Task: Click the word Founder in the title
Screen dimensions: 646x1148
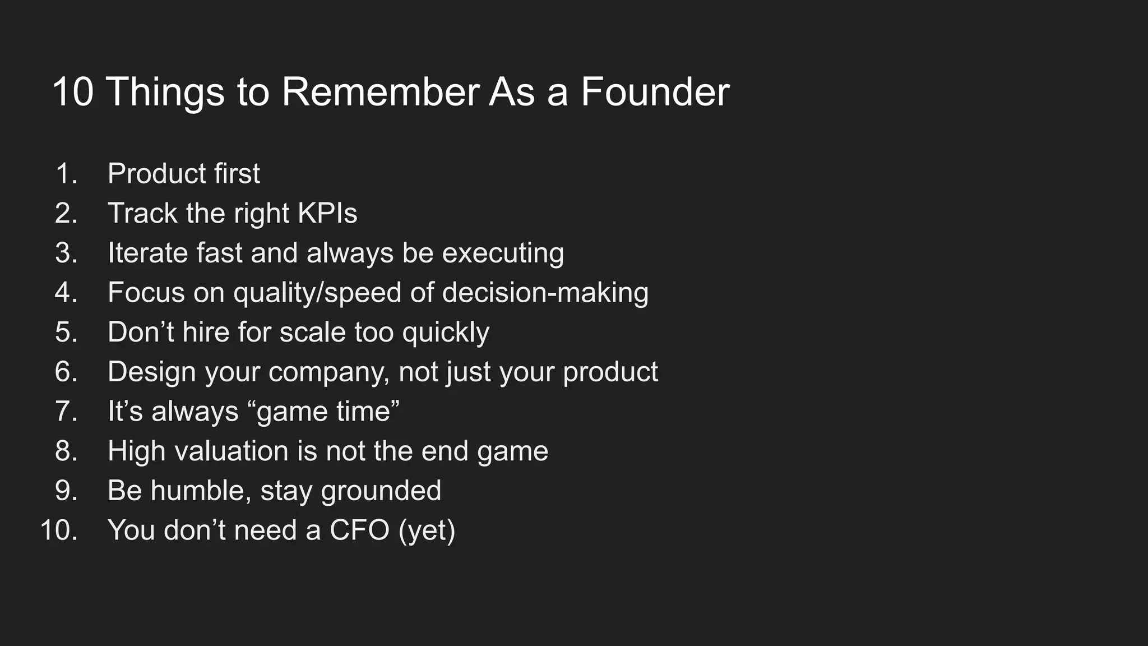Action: (655, 92)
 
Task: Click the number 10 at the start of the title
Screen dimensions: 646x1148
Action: (73, 92)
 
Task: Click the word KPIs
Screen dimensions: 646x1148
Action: (327, 214)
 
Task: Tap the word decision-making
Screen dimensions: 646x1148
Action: (545, 293)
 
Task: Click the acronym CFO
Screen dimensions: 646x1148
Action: (359, 530)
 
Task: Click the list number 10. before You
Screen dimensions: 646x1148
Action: (59, 530)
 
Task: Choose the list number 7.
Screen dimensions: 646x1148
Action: (66, 412)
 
